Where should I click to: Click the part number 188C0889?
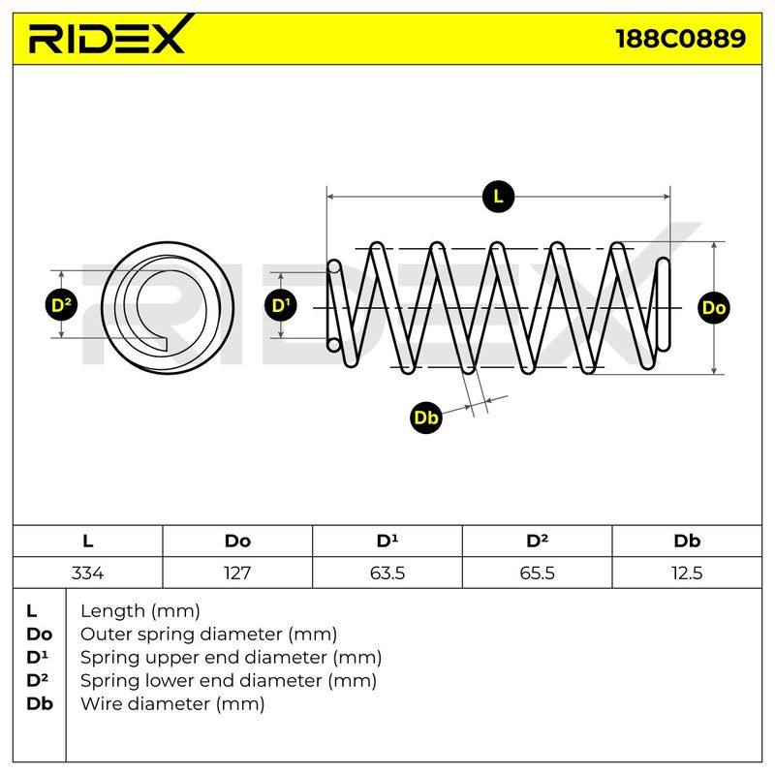tap(681, 39)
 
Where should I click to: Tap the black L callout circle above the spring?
tap(498, 197)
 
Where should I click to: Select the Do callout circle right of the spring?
tap(714, 308)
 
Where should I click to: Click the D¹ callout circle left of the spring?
tap(281, 305)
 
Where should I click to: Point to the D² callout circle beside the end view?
tap(61, 304)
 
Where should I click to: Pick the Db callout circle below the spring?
tap(425, 418)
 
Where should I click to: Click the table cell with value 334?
tap(87, 573)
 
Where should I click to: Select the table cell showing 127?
tap(237, 573)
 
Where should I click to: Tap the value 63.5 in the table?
tap(387, 573)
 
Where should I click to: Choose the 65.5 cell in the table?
tap(537, 573)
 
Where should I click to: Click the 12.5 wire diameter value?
tap(687, 573)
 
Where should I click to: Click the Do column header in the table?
tap(237, 541)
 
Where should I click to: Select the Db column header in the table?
tap(687, 541)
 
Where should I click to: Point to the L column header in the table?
tap(87, 541)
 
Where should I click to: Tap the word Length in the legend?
tap(112, 612)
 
